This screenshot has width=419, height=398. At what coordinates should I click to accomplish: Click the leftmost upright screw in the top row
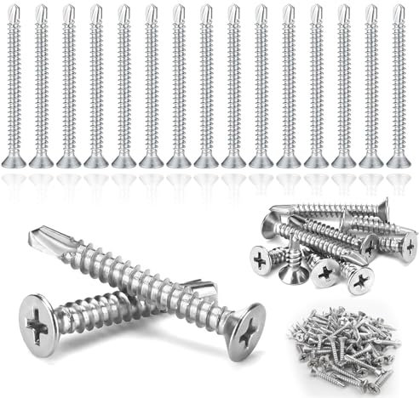(x=14, y=85)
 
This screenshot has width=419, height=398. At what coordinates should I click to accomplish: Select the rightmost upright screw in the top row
(x=398, y=85)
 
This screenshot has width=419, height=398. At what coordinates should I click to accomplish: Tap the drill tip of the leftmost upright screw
(x=14, y=12)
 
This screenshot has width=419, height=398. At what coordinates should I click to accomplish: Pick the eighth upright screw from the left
(x=207, y=85)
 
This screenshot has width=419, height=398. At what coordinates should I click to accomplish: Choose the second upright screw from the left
(x=42, y=85)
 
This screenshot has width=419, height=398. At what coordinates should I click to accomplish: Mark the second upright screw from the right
(x=370, y=85)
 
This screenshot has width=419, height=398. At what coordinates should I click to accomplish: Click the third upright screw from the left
(x=69, y=85)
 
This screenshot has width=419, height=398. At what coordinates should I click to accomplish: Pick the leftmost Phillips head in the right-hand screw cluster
(x=261, y=256)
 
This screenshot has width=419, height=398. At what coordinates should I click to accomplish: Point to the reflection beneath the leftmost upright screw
(x=14, y=183)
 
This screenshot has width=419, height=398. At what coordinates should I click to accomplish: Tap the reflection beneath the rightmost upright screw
(x=398, y=183)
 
